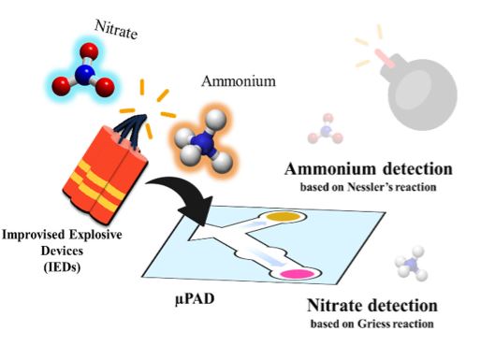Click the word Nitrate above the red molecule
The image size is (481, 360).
(x=116, y=30)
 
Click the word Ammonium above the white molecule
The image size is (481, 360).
(x=239, y=81)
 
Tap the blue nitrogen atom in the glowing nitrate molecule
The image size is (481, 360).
(x=84, y=74)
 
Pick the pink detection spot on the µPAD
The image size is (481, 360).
(x=297, y=274)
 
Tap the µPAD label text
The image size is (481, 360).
(x=195, y=299)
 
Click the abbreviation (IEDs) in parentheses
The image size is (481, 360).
(x=62, y=267)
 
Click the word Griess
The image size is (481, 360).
(x=374, y=324)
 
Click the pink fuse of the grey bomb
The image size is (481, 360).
(x=385, y=58)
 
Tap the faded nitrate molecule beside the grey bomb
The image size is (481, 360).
(x=326, y=129)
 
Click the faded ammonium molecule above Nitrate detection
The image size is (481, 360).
(x=411, y=264)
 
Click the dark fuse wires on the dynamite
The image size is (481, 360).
(x=131, y=130)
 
